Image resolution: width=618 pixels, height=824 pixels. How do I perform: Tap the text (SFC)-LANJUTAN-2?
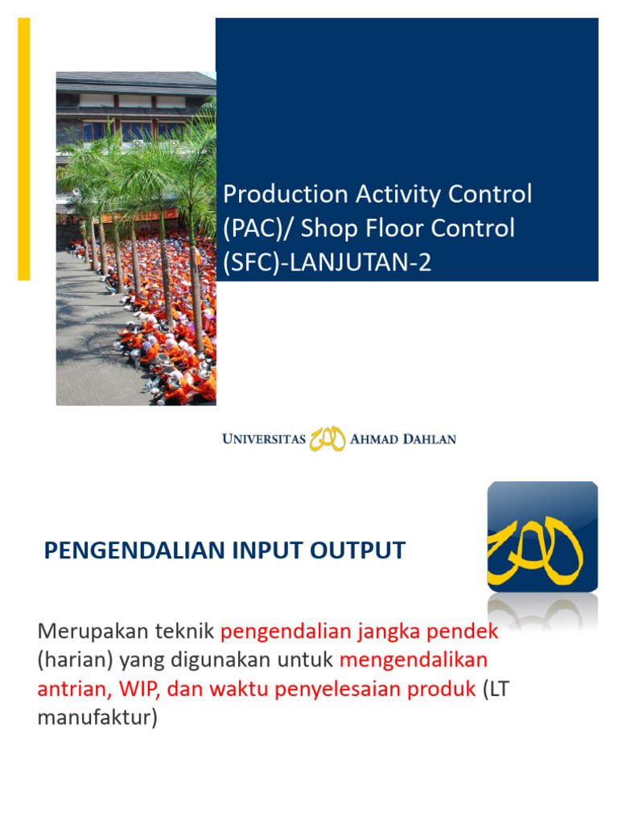(x=327, y=262)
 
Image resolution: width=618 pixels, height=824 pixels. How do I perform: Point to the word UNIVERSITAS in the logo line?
(x=264, y=439)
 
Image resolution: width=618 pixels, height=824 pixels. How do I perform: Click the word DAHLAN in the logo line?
(x=427, y=439)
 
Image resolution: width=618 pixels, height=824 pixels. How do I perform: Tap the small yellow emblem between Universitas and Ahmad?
(x=328, y=439)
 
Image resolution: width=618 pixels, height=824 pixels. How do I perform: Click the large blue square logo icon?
(x=542, y=537)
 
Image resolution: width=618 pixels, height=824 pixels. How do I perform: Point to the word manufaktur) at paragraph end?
(x=97, y=718)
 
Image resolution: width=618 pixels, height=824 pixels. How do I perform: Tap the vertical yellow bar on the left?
(x=24, y=149)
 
